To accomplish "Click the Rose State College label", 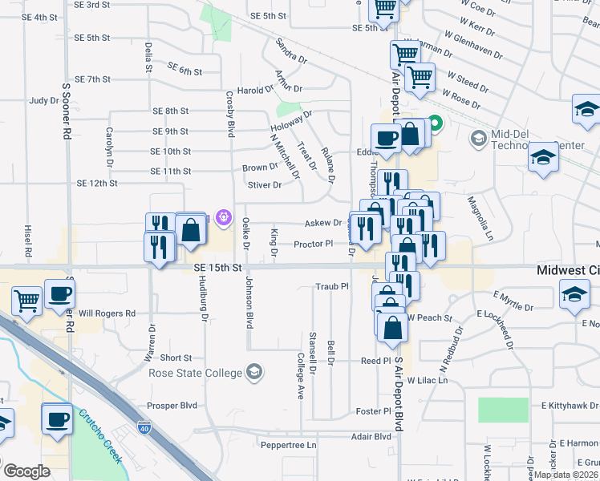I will point(194,373).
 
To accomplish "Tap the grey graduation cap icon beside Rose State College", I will point(254,371).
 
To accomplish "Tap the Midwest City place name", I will point(568,272).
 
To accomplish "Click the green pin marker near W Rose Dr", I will point(435,124).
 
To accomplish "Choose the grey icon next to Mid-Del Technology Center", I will point(478,139).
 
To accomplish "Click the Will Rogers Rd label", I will point(107,313).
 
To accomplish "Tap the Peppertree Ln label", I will point(289,444).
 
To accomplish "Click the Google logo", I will point(26,471).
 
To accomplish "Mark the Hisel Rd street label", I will point(28,240).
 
